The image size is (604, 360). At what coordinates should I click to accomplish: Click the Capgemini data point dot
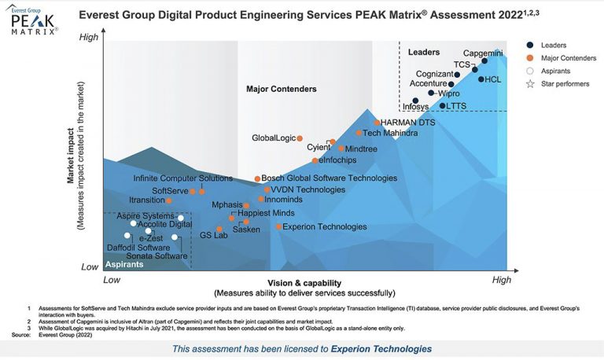tap(484, 61)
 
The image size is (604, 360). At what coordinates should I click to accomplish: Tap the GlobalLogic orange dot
tap(300, 138)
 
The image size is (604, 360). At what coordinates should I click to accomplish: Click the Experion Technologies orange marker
tap(278, 227)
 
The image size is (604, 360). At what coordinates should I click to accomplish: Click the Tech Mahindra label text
tap(390, 134)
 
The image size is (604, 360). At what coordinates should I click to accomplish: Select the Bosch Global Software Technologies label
tap(329, 178)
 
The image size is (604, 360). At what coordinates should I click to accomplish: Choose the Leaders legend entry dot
tap(530, 46)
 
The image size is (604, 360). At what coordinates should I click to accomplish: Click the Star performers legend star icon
tap(530, 83)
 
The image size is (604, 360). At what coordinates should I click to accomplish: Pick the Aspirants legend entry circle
tap(530, 71)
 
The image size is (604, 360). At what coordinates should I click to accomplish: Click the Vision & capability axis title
tap(304, 283)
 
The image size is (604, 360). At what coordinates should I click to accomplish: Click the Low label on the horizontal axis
tap(112, 280)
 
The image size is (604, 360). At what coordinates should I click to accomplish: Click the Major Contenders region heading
tap(282, 89)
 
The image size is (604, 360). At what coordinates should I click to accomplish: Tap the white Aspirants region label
tap(123, 265)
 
